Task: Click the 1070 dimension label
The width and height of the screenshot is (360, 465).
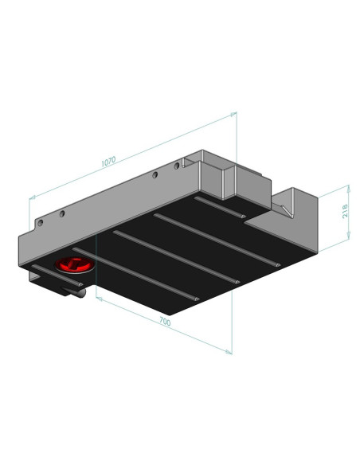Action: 108,162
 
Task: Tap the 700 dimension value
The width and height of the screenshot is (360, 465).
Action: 165,321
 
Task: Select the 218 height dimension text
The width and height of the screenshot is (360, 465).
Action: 345,211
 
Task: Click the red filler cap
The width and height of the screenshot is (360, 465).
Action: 75,264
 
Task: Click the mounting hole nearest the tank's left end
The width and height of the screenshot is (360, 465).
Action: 41,223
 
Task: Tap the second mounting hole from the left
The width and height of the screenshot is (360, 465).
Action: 62,213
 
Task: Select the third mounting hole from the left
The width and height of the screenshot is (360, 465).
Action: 155,175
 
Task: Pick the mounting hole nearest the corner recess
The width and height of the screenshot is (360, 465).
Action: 177,166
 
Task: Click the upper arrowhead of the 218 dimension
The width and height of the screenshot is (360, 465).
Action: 348,188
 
